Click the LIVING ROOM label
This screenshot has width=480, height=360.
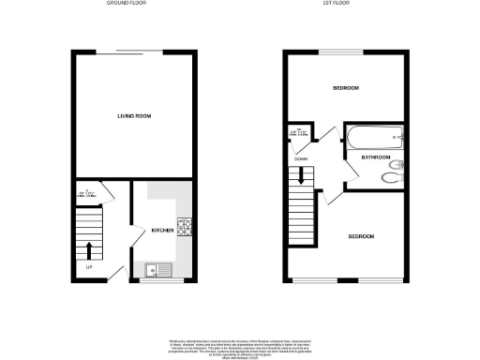point(134,116)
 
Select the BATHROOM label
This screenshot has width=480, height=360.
point(374,157)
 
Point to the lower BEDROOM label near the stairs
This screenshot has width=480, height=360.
point(361,236)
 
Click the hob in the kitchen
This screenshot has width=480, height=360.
point(184,226)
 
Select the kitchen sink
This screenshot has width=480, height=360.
point(155,269)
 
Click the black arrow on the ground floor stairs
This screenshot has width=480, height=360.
point(90,248)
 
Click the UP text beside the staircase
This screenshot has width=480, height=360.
point(89,270)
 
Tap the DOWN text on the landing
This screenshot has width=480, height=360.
point(302,159)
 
